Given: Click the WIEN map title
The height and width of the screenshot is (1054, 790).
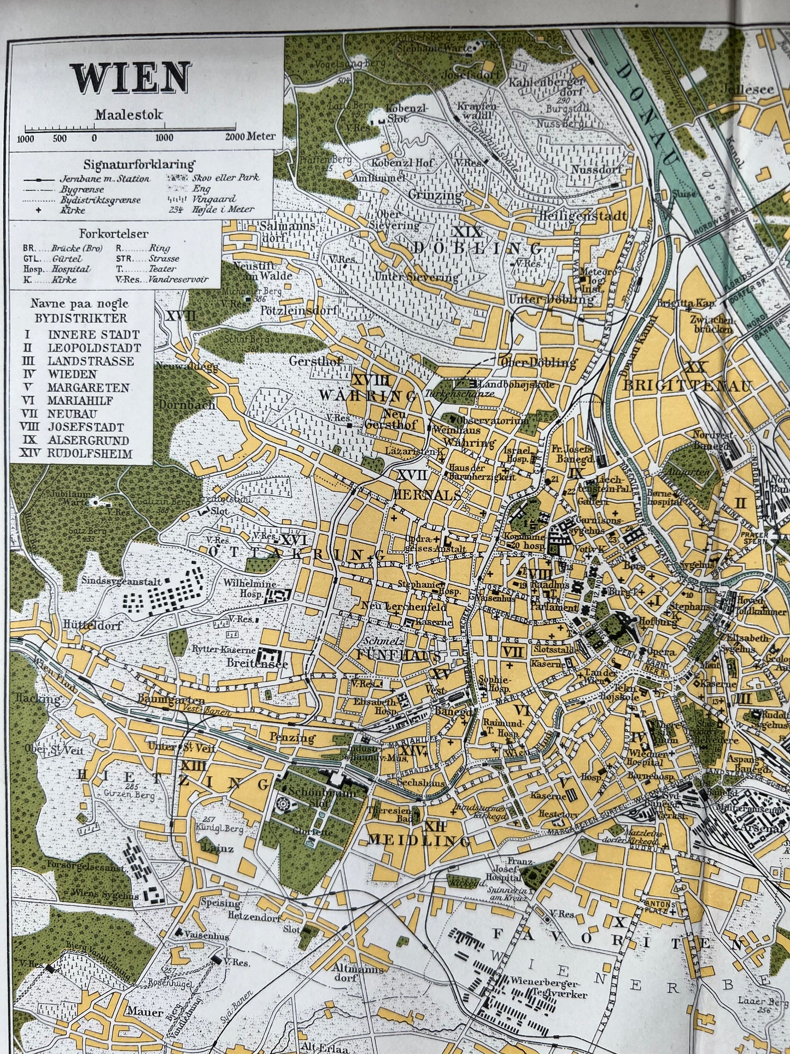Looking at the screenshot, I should pos(131,78).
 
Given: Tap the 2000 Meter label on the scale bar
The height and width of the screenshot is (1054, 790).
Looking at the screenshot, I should pos(251,137).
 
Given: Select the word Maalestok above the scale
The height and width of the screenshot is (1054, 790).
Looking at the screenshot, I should pos(129,115).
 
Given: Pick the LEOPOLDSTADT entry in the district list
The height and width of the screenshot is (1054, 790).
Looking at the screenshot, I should pos(94,348).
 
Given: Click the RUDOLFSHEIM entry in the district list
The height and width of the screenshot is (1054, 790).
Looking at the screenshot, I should pos(90,453).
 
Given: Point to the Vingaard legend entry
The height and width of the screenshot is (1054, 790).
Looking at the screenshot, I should pos(210,199).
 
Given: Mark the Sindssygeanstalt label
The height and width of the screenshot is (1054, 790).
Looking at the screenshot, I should pos(121,580).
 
